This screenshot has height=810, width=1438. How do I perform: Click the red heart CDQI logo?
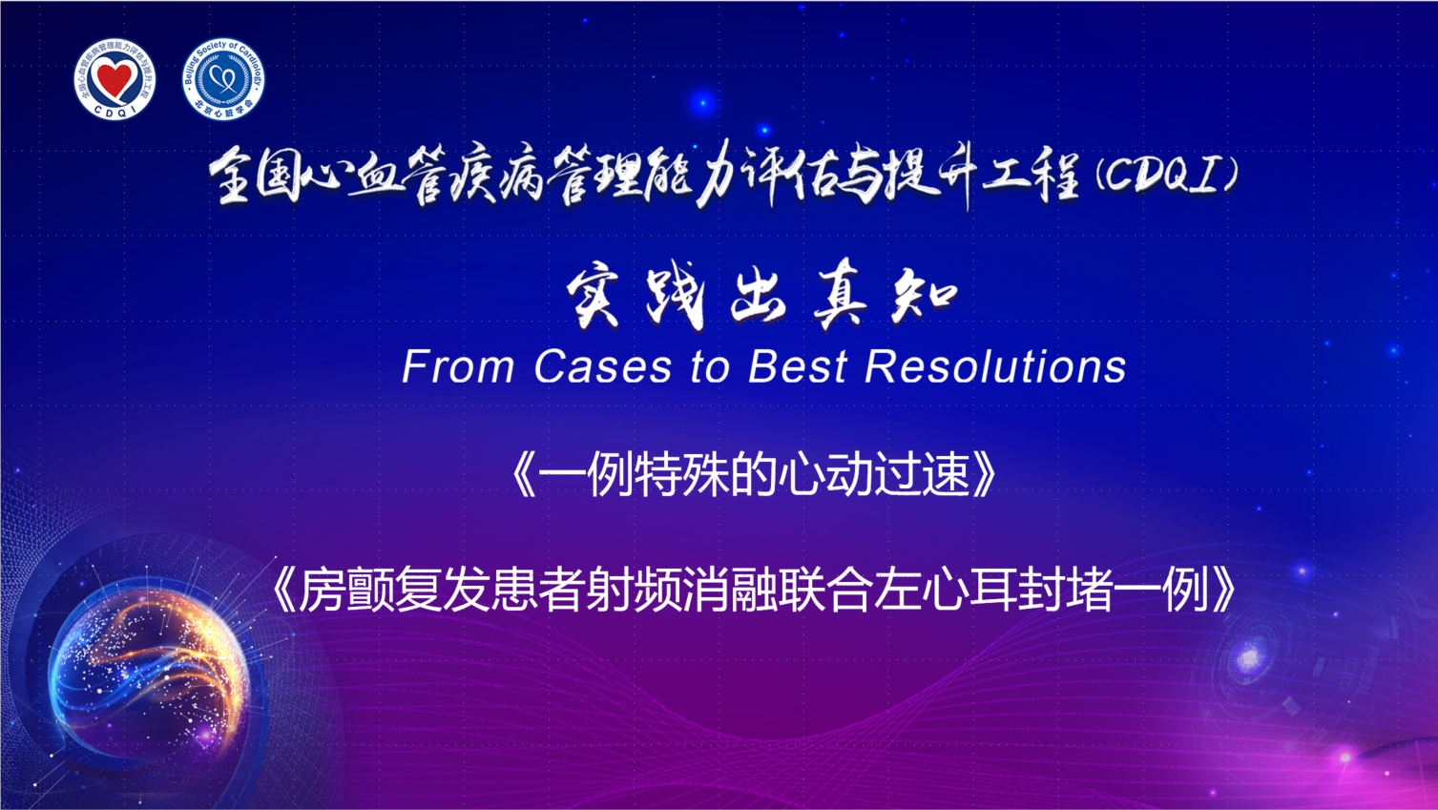115,79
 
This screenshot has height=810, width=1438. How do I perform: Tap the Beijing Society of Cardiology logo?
222,79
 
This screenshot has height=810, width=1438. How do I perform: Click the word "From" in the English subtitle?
458,367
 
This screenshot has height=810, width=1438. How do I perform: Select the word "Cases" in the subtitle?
603,367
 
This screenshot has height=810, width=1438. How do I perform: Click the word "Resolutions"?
995,367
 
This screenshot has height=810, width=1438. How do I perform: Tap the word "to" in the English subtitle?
710,368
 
